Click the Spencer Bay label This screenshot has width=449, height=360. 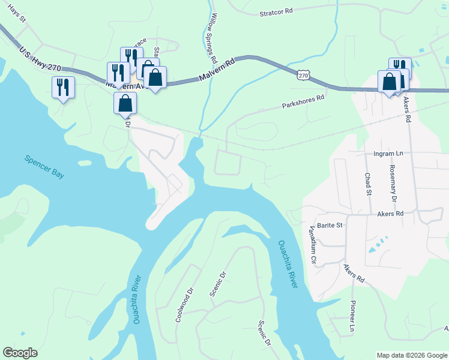click(44, 167)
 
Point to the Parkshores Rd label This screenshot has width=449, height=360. click(304, 101)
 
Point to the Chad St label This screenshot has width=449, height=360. click(367, 184)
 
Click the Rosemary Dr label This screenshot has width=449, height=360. click(393, 182)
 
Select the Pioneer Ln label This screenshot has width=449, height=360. click(353, 316)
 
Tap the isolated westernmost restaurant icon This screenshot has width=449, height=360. click(63, 88)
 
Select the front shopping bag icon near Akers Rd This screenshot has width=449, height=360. click(389, 81)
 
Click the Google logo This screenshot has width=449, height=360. click(20, 353)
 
